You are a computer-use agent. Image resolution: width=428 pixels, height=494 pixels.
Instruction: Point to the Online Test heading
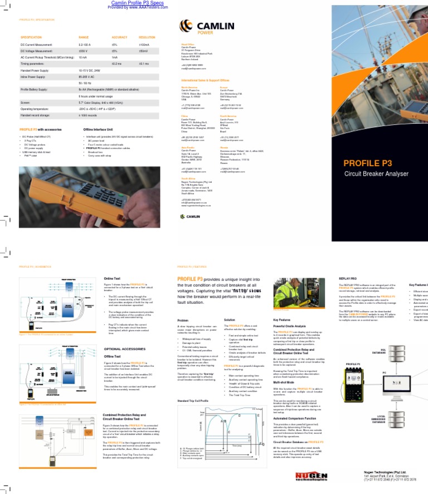(112, 279)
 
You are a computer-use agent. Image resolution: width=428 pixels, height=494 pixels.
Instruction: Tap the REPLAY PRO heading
(349, 277)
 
